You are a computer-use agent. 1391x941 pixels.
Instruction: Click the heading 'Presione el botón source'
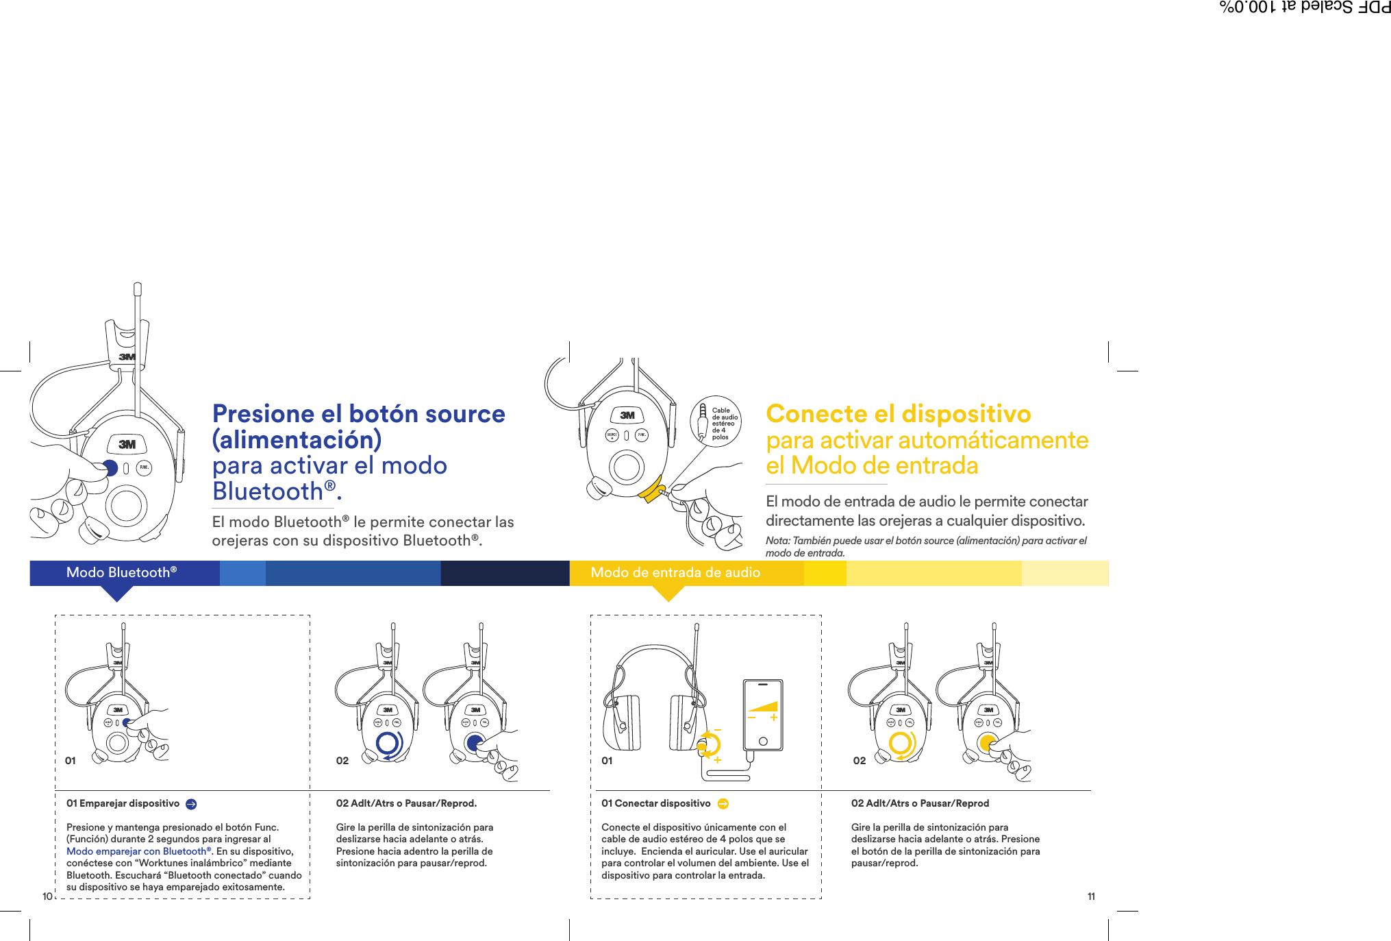[x=358, y=414]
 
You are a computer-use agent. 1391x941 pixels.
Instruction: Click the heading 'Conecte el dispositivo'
[x=898, y=414]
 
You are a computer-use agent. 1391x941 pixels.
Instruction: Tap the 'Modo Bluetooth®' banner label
[x=121, y=572]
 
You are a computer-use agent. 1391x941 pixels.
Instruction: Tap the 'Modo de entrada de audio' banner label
[x=675, y=572]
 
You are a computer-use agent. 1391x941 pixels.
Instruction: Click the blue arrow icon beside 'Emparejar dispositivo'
[x=191, y=804]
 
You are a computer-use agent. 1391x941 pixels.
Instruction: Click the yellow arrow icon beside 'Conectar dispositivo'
[x=723, y=804]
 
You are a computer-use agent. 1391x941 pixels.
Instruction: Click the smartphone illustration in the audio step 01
[x=762, y=715]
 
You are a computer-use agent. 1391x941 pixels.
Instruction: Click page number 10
[x=47, y=896]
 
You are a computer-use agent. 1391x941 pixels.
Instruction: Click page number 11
[x=1091, y=896]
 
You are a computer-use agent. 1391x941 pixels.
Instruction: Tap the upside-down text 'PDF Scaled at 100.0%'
[x=1304, y=8]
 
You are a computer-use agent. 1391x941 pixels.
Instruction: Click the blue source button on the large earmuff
[x=110, y=468]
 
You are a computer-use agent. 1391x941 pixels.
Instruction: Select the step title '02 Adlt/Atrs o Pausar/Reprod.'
[x=406, y=803]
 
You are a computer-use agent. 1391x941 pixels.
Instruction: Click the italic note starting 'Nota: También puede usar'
[x=925, y=546]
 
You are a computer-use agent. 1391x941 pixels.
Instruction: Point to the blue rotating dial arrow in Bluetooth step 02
[x=389, y=744]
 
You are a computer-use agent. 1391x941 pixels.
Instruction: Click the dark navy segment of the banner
[x=505, y=573]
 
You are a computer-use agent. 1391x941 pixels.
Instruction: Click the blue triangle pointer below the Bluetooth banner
[x=117, y=594]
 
